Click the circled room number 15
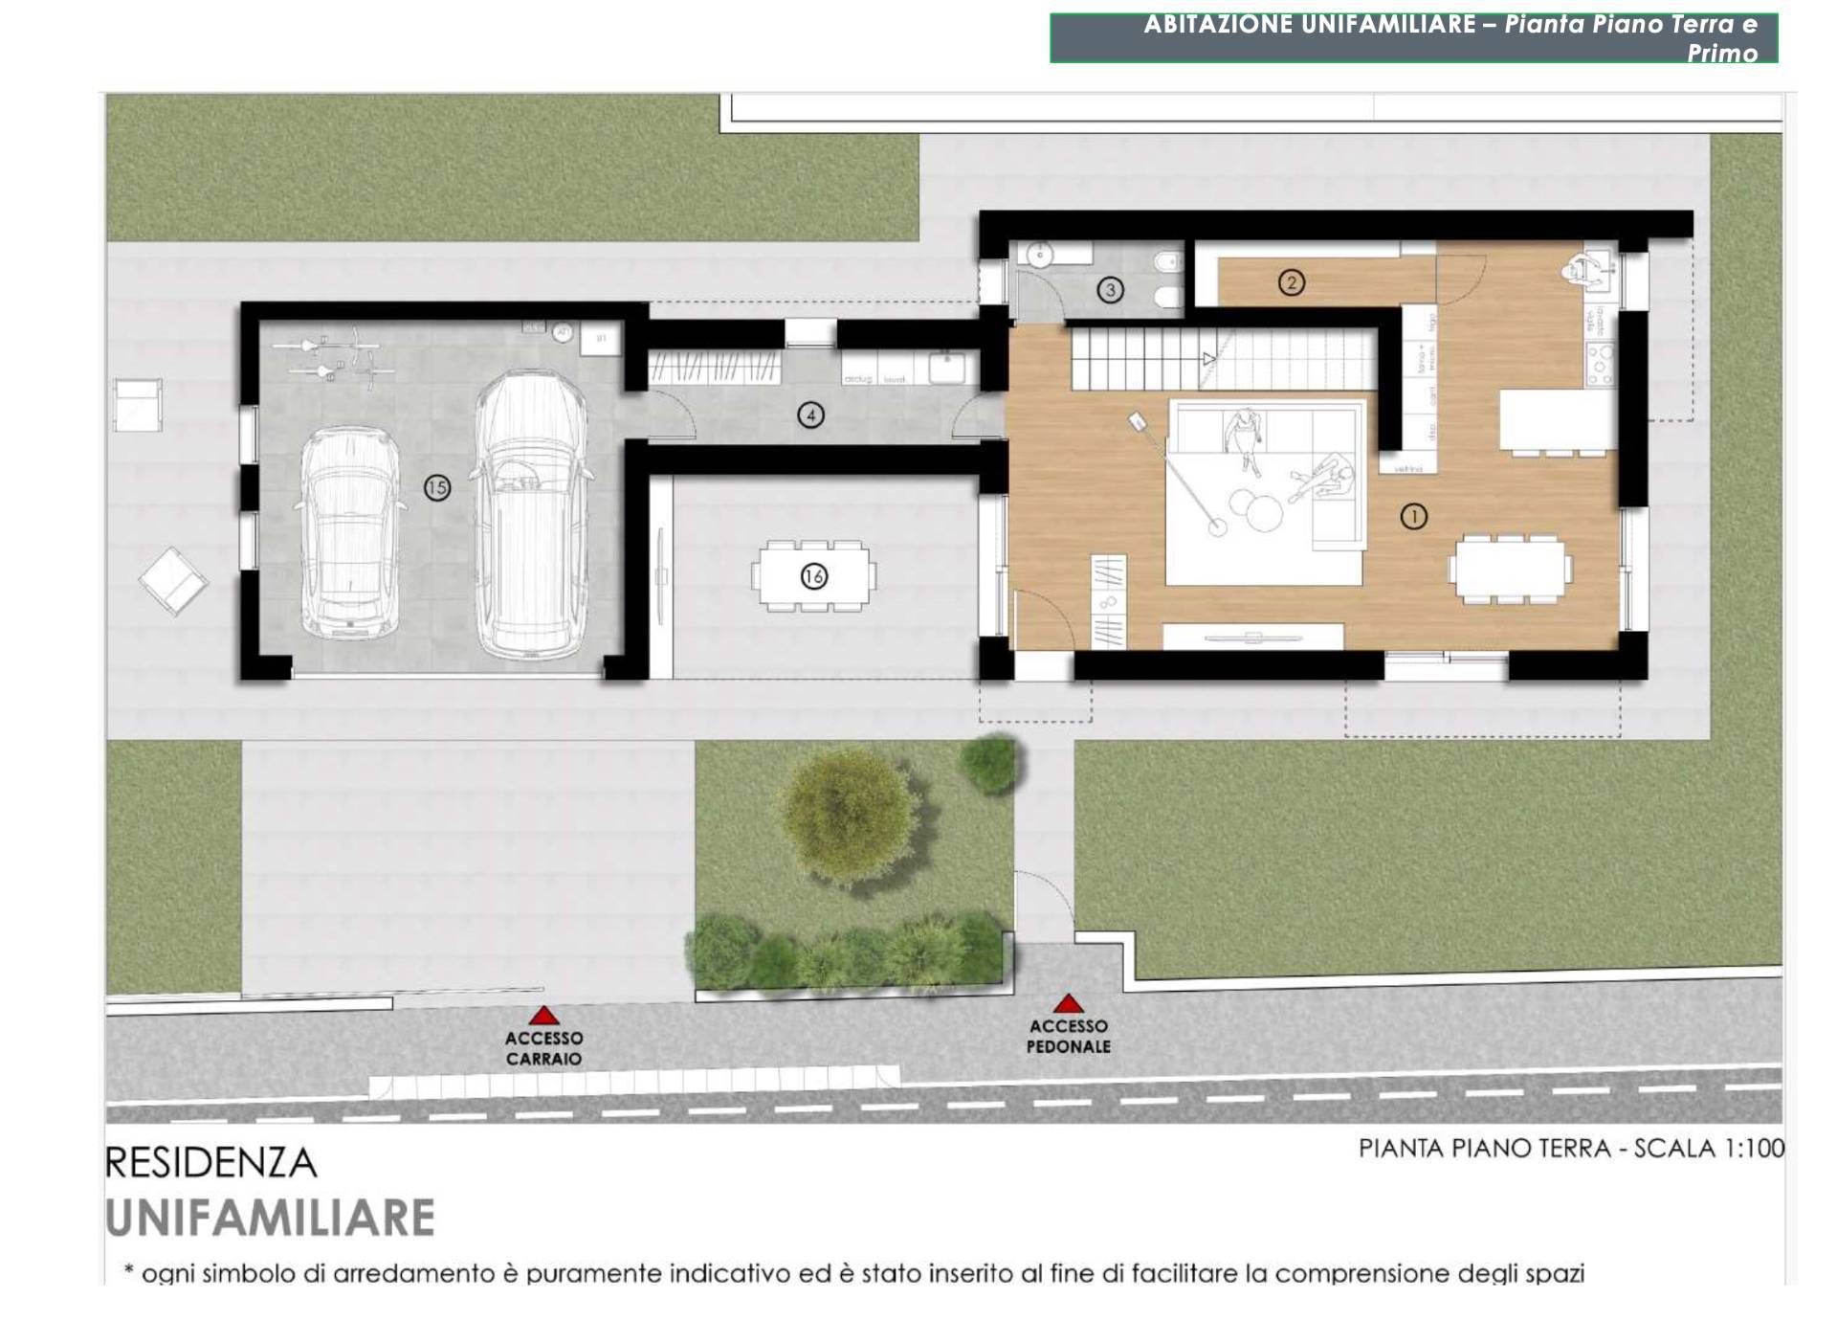click(436, 488)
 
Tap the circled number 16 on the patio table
click(813, 576)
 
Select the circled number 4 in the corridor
click(810, 415)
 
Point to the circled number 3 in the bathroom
click(1110, 289)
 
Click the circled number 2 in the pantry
click(1292, 282)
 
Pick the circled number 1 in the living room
click(1413, 517)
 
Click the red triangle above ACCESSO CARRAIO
click(543, 1016)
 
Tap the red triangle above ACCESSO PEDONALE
click(1068, 1003)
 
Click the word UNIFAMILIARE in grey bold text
click(270, 1218)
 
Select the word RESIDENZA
click(210, 1163)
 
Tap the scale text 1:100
click(1754, 1148)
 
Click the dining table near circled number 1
click(1510, 570)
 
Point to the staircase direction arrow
click(1208, 360)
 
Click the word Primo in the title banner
click(1722, 54)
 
